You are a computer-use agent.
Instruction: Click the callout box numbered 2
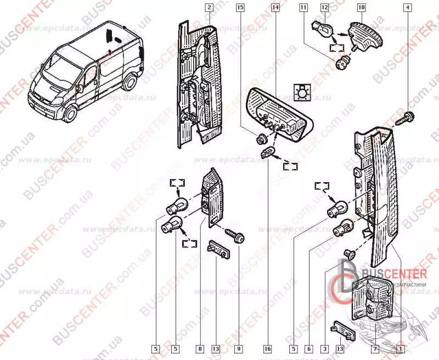[x=209, y=8]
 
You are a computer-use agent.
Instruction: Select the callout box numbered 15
[x=240, y=8]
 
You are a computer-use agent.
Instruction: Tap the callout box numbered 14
[x=275, y=8]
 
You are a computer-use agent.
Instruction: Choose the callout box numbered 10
[x=361, y=8]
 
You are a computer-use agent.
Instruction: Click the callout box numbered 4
[x=407, y=8]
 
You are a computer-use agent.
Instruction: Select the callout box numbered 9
[x=239, y=348]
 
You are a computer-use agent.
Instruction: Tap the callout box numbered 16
[x=268, y=348]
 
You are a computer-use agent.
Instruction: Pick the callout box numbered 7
[x=375, y=348]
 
